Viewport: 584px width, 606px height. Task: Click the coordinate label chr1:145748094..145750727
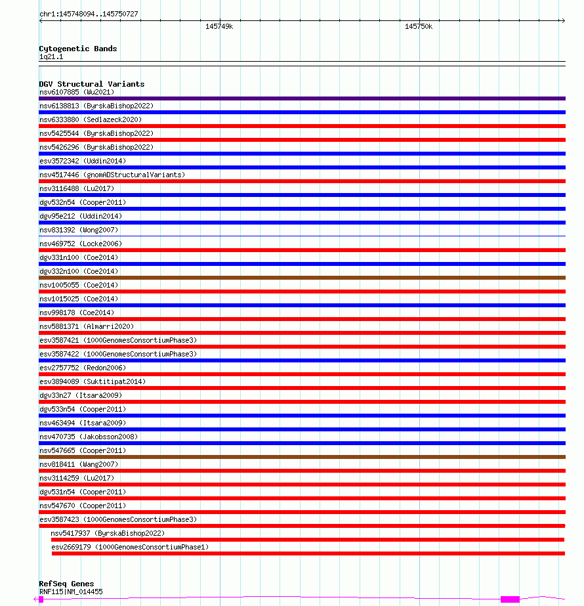pyautogui.click(x=89, y=14)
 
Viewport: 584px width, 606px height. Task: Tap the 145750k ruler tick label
pyautogui.click(x=419, y=27)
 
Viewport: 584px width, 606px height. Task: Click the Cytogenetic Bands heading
pyautogui.click(x=77, y=49)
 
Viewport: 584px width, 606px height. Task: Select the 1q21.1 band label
pyautogui.click(x=51, y=57)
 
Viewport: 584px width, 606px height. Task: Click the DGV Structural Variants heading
pyautogui.click(x=91, y=84)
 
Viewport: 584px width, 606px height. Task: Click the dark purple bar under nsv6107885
pyautogui.click(x=302, y=98)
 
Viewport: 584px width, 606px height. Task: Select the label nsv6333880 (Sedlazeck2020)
pyautogui.click(x=90, y=119)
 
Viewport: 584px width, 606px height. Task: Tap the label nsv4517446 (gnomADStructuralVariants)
pyautogui.click(x=112, y=175)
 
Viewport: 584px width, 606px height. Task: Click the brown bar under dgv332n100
pyautogui.click(x=302, y=278)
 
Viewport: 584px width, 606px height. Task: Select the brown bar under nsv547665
pyautogui.click(x=302, y=457)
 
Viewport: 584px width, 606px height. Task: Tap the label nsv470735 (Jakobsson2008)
pyautogui.click(x=89, y=437)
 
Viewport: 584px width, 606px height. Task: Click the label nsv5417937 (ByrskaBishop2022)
pyautogui.click(x=108, y=533)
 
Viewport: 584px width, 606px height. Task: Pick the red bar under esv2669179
pyautogui.click(x=308, y=553)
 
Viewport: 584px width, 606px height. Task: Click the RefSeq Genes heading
pyautogui.click(x=66, y=584)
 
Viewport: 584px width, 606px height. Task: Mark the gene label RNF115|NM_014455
pyautogui.click(x=71, y=592)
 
